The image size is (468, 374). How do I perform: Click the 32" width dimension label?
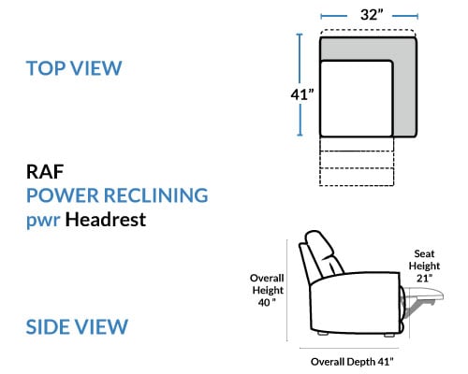pyautogui.click(x=372, y=15)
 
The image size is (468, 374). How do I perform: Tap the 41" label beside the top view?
pyautogui.click(x=302, y=94)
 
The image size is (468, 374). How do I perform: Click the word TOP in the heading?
pyautogui.click(x=46, y=68)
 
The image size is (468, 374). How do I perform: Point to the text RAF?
pyautogui.click(x=45, y=172)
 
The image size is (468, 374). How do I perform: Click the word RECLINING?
pyautogui.click(x=155, y=195)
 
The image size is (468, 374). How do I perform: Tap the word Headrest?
pyautogui.click(x=106, y=220)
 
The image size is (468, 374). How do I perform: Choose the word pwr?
pyautogui.click(x=43, y=221)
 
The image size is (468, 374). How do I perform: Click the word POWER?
pyautogui.click(x=63, y=195)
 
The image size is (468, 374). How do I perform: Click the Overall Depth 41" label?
pyautogui.click(x=352, y=362)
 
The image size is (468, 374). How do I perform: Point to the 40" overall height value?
pyautogui.click(x=267, y=302)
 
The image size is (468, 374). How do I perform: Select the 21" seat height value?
pyautogui.click(x=424, y=278)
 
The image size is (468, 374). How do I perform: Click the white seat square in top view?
pyautogui.click(x=357, y=98)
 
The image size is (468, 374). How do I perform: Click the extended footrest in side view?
pyautogui.click(x=424, y=294)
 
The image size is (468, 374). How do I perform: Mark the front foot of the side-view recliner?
pyautogui.click(x=389, y=335)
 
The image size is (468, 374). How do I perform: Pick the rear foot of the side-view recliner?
pyautogui.click(x=323, y=333)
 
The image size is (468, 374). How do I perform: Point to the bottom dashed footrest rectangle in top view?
pyautogui.click(x=357, y=177)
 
